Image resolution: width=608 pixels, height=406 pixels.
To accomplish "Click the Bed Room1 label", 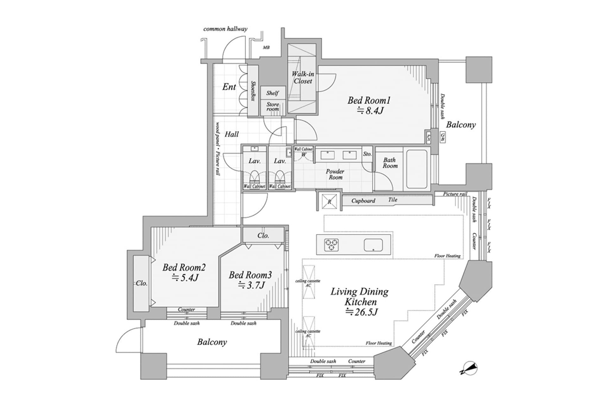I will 369,101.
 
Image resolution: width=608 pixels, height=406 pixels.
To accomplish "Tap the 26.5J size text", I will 362,312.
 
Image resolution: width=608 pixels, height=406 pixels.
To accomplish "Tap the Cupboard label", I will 363,201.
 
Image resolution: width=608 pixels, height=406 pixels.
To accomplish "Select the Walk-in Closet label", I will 303,77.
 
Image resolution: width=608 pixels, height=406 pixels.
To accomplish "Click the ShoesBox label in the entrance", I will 253,91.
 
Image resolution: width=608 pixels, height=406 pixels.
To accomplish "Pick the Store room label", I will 273,107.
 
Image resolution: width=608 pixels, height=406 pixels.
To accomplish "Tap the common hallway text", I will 225,29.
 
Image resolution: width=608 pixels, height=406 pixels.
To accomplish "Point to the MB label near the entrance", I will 266,48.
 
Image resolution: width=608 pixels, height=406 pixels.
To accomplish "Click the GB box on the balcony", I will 442,137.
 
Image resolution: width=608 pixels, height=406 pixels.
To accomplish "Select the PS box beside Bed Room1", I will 428,138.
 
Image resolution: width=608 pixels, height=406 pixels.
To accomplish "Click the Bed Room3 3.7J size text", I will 252,285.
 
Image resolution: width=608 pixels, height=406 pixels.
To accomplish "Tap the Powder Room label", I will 335,174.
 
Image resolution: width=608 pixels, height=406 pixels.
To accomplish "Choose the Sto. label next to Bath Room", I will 367,154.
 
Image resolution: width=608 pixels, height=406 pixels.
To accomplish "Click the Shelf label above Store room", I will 272,93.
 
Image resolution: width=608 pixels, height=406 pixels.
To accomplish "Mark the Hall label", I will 231,134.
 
